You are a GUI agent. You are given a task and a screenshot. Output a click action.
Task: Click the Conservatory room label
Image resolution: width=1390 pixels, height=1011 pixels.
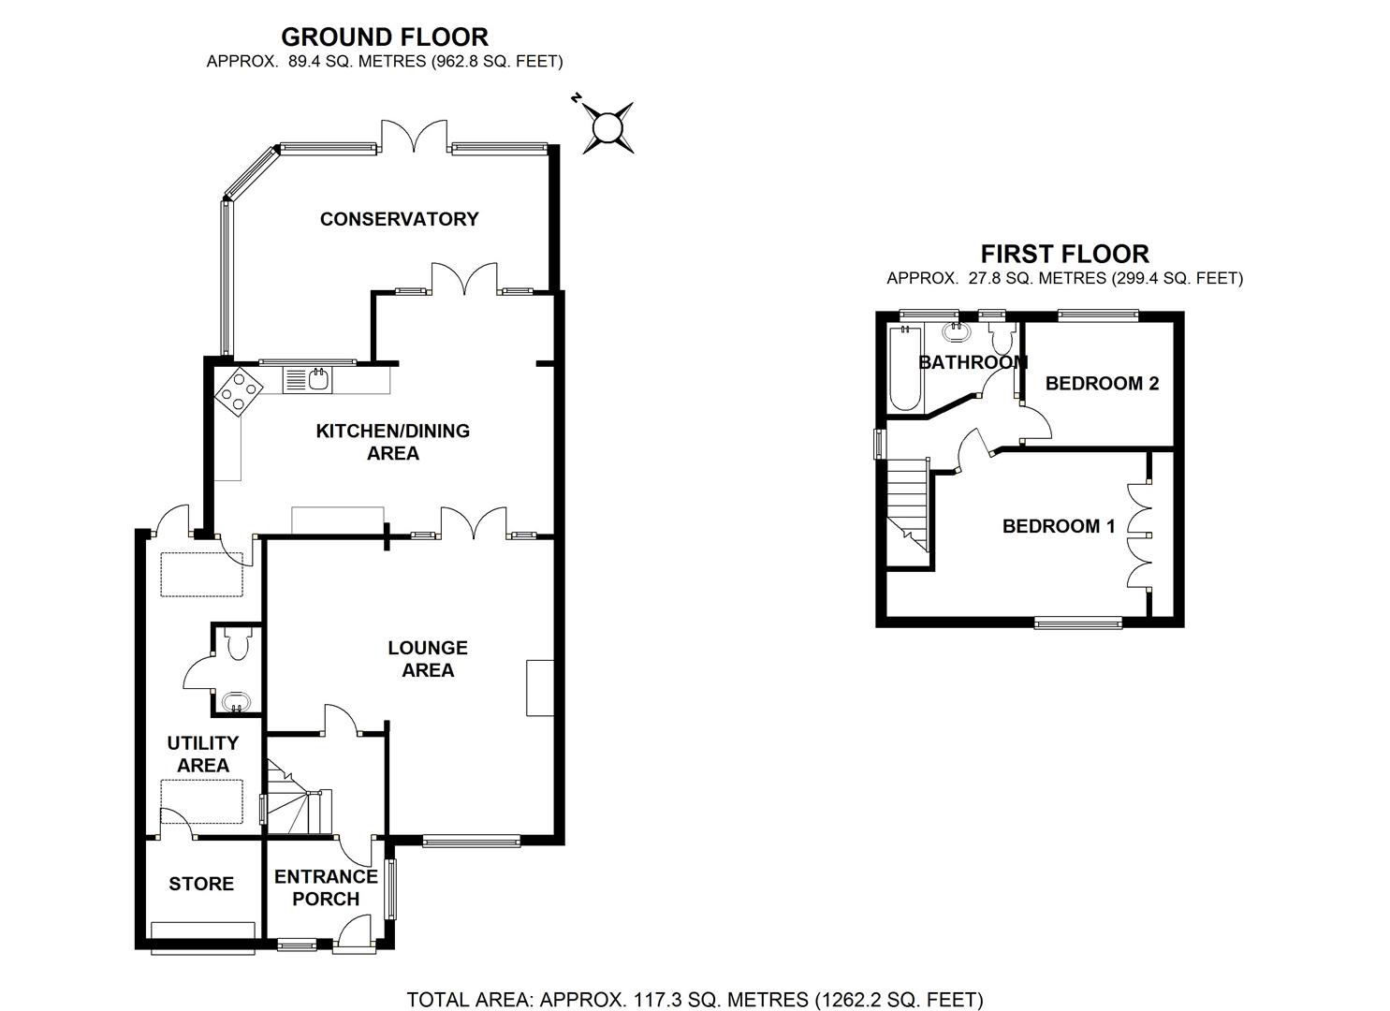(399, 219)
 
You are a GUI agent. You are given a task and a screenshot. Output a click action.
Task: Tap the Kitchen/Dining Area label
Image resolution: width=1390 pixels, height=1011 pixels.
(392, 442)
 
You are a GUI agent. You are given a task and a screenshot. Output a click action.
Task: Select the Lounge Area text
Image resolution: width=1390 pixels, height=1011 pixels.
(428, 659)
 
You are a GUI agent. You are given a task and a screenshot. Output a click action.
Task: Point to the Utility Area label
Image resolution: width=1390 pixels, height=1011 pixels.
(203, 754)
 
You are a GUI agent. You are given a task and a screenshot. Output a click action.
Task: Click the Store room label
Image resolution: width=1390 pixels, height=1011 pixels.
(201, 884)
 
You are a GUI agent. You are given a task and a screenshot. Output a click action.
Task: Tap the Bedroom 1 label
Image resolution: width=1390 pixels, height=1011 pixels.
(1058, 526)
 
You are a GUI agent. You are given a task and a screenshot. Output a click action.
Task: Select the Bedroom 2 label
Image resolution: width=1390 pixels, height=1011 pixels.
(1102, 383)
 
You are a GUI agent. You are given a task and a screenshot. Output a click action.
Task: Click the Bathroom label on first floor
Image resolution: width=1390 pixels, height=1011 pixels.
(973, 362)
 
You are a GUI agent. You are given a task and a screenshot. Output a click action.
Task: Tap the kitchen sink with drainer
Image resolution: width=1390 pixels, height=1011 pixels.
(307, 378)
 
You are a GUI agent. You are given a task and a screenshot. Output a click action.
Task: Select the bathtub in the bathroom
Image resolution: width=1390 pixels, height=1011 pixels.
(905, 368)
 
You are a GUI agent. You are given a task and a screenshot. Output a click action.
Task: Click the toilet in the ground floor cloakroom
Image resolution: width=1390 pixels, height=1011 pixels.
(238, 642)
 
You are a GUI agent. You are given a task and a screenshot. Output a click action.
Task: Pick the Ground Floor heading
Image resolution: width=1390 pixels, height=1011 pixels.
(385, 37)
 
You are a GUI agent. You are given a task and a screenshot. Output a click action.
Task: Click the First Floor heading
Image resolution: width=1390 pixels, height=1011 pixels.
(1064, 254)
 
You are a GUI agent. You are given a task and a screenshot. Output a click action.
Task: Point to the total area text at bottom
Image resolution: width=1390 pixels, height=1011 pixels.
(695, 1000)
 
